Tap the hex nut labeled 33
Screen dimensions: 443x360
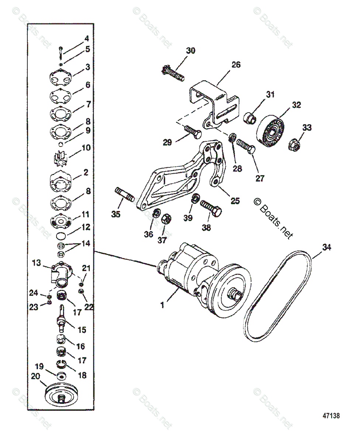coord(295,145)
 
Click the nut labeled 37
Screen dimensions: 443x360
coord(167,220)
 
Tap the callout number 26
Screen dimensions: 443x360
coord(236,65)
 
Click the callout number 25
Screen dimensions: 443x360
coord(235,200)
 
